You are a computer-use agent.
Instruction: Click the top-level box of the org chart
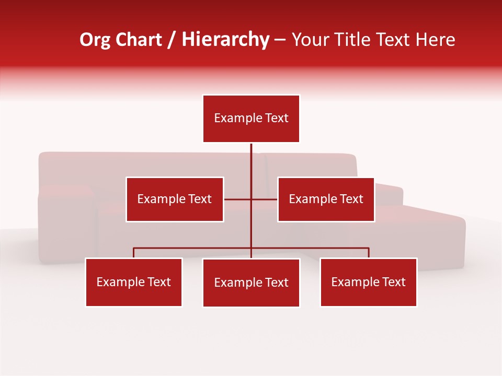[x=251, y=119]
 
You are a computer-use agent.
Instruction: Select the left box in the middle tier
[x=175, y=199]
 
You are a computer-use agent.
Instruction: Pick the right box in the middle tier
[x=326, y=199]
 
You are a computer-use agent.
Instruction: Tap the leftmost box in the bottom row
[x=134, y=282]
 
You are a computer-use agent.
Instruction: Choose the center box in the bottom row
[x=251, y=283]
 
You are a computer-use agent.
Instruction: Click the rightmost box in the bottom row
[x=368, y=282]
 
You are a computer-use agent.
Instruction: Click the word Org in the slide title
[x=95, y=40]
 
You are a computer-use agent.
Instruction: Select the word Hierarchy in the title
[x=225, y=40]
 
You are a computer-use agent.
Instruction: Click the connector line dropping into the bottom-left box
[x=134, y=253]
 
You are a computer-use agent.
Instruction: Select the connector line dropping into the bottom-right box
[x=369, y=253]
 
